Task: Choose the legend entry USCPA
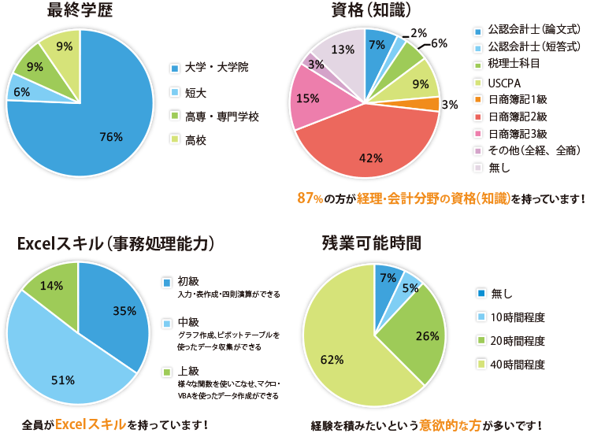(x=503, y=82)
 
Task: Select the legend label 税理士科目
(x=514, y=65)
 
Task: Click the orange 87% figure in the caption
(x=309, y=198)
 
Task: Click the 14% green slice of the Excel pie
(x=54, y=285)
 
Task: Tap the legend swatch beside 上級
(x=165, y=371)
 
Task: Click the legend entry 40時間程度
(x=518, y=364)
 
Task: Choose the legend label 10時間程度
(x=518, y=317)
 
